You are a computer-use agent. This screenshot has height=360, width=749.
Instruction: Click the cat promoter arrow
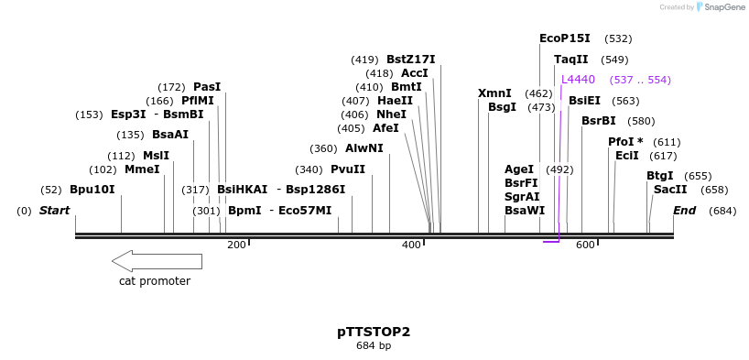tap(157, 261)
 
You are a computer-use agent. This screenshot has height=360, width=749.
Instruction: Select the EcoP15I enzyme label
tap(564, 38)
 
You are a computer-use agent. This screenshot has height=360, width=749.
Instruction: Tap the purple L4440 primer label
tap(578, 80)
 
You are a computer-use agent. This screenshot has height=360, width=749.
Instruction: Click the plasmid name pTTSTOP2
tap(374, 332)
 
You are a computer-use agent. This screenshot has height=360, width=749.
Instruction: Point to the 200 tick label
tap(236, 245)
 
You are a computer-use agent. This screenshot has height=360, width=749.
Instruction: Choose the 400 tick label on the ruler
tap(411, 245)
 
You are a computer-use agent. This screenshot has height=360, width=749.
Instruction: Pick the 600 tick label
tap(585, 245)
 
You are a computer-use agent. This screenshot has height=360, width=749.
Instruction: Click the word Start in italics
tap(54, 211)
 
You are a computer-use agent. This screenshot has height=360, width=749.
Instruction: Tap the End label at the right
tap(684, 211)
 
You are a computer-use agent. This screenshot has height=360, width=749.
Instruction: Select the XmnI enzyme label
tap(494, 93)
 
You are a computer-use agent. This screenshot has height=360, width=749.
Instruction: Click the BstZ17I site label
tap(410, 60)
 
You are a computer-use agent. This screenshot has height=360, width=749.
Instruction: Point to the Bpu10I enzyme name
tap(92, 190)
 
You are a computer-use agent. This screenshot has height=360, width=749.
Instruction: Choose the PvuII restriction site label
tap(348, 169)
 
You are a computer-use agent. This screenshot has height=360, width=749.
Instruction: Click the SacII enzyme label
tap(670, 190)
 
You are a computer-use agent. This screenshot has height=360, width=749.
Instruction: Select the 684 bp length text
tap(374, 346)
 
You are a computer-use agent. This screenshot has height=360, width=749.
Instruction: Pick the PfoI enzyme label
tap(625, 142)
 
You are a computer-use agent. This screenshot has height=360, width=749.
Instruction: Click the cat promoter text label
tap(155, 281)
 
